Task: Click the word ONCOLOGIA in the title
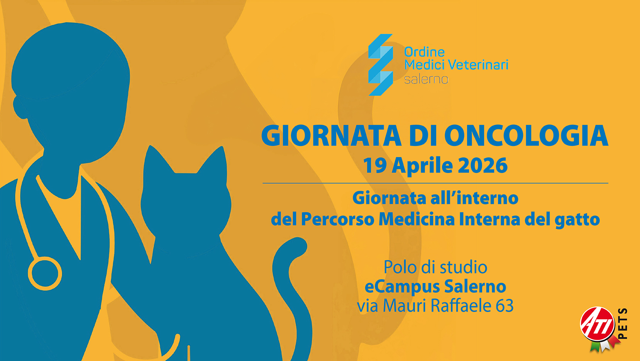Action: click(526, 136)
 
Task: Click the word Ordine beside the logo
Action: click(425, 52)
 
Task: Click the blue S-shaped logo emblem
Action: click(381, 65)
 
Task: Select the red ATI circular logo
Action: click(598, 324)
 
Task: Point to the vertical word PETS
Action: click(623, 323)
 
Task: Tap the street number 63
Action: click(505, 305)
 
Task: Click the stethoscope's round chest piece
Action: click(45, 273)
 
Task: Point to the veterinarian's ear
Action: click(20, 107)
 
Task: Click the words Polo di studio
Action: click(435, 267)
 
